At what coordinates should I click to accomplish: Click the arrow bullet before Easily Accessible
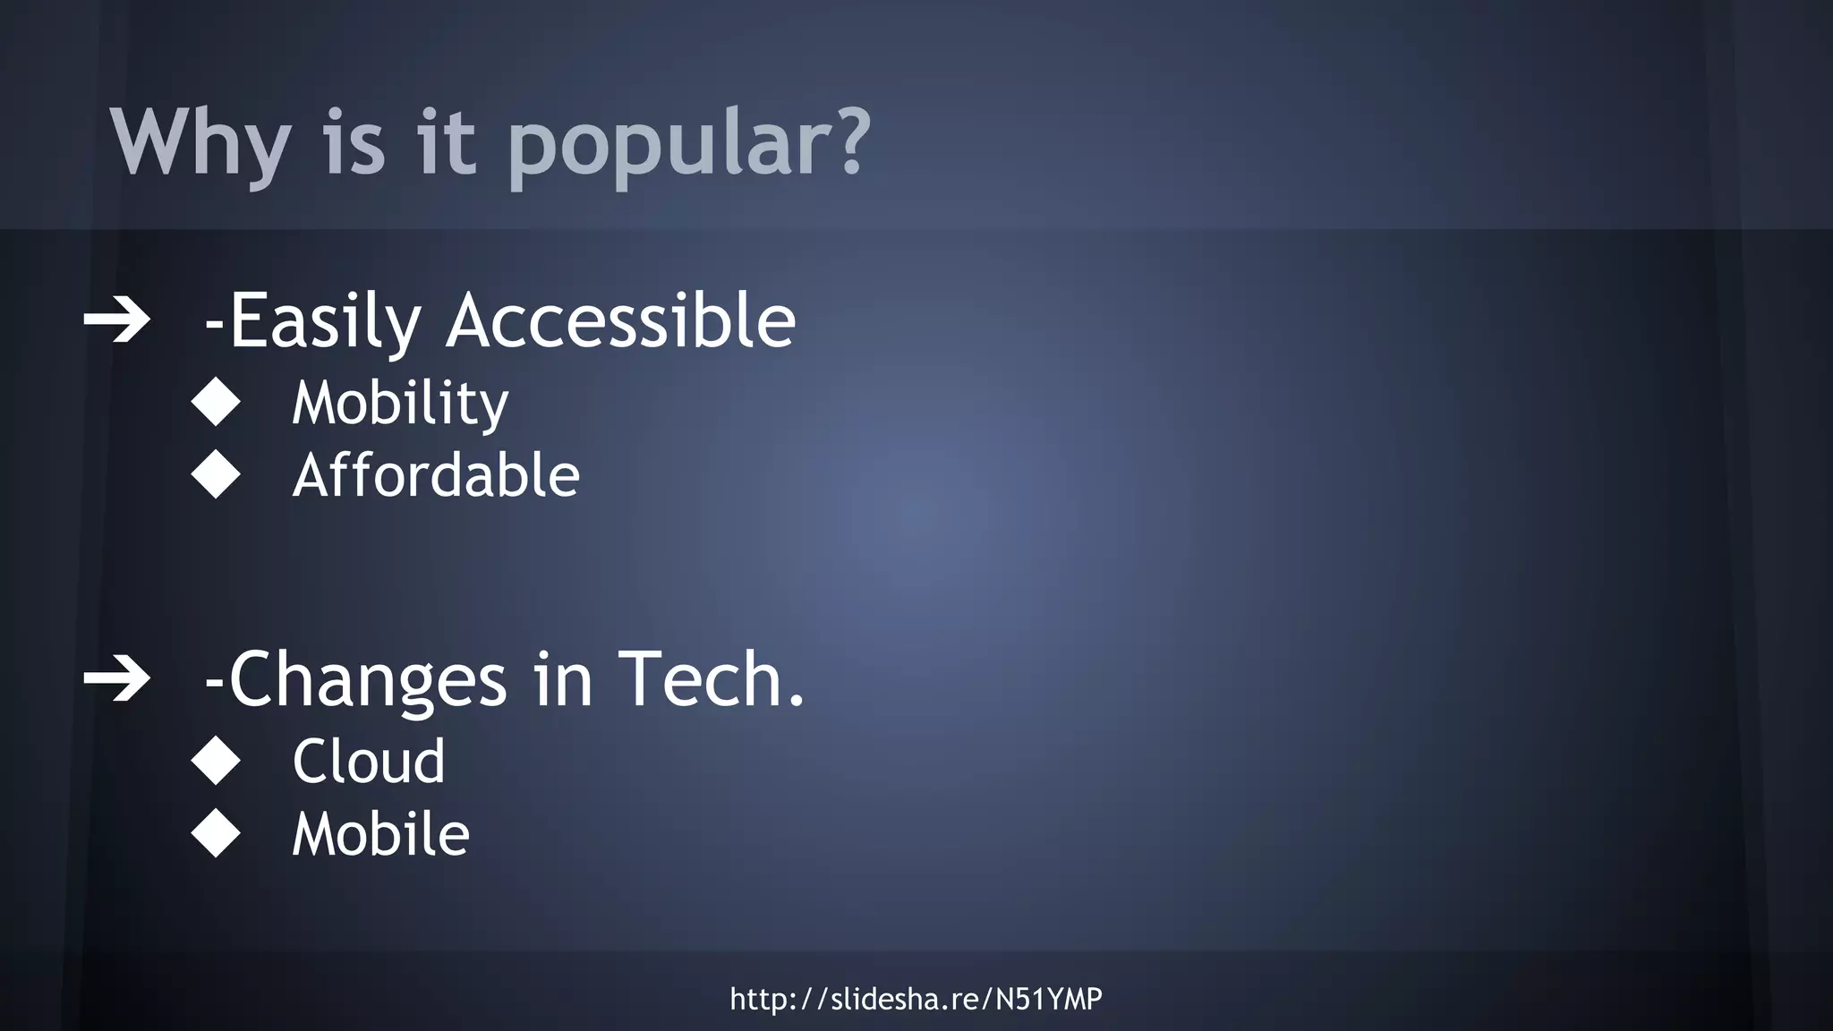(117, 321)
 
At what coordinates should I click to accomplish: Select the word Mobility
(400, 403)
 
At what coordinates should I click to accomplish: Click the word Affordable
(436, 474)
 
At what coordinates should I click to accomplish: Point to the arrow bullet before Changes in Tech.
(117, 680)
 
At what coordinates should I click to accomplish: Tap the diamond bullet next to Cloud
(217, 761)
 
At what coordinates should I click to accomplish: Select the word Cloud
(369, 762)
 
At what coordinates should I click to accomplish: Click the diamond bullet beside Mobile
(217, 833)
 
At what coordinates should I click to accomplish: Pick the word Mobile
(380, 834)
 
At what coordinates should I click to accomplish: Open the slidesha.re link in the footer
(916, 999)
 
